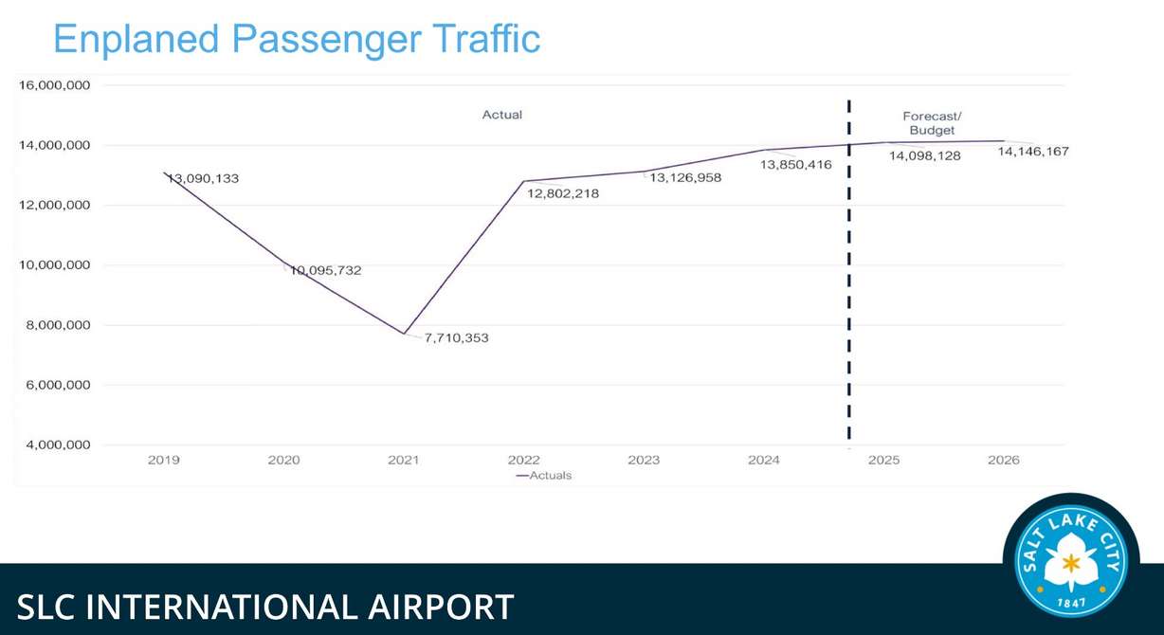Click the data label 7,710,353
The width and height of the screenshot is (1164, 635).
(x=456, y=337)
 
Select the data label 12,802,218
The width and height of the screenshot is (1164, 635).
(x=562, y=193)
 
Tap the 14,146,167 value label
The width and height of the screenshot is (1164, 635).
(x=1033, y=151)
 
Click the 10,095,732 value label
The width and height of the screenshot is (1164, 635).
(x=326, y=270)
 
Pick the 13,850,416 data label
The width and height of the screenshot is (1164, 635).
(x=796, y=165)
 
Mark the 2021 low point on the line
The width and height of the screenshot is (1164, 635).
(x=404, y=334)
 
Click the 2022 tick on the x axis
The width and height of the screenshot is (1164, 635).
(x=523, y=461)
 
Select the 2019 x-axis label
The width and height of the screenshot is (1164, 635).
(x=164, y=461)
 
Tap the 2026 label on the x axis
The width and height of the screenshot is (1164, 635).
(x=1003, y=461)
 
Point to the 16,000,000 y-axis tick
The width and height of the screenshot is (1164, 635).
(x=54, y=85)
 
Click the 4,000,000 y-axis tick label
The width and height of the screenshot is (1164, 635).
(x=54, y=445)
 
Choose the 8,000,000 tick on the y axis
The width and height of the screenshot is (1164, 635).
(x=54, y=325)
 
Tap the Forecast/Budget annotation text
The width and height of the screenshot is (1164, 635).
(x=932, y=123)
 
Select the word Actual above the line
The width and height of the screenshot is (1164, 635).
(x=502, y=115)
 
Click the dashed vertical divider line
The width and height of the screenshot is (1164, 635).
(x=848, y=284)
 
